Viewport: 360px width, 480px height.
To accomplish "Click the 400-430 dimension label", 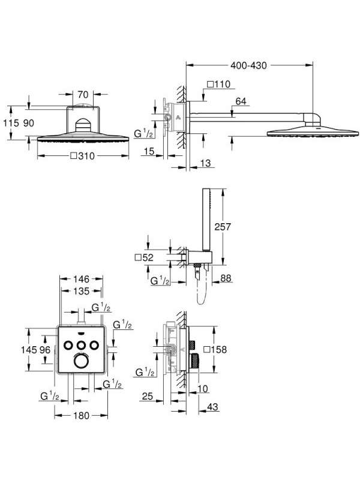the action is point(248,65).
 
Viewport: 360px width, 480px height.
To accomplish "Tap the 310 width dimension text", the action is point(86,156).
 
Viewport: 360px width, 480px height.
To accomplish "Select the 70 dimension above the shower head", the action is point(83,95).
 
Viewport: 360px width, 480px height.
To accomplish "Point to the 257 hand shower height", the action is point(223,227).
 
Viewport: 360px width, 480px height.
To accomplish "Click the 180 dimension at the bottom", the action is point(81,415).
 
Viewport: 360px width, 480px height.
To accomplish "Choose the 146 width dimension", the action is point(81,279).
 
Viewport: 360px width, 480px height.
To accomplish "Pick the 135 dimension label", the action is point(81,291).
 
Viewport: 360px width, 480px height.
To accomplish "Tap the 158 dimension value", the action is point(218,349).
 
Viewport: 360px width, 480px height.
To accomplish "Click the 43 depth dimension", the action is point(212,407).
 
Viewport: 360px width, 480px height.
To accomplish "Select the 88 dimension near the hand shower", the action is point(226,278).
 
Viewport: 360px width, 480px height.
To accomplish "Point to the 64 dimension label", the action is point(241,101).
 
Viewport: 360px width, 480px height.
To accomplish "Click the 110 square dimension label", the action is point(222,84).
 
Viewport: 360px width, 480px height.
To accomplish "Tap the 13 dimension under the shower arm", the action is point(205,163).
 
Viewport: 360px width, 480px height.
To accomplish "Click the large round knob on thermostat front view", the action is point(82,361).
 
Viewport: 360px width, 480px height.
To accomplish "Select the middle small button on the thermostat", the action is point(81,346).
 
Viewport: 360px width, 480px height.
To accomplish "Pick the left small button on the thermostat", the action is point(68,346).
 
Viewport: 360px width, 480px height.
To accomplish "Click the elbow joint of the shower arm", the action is point(312,119).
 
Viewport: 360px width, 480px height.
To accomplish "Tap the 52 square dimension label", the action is point(148,258).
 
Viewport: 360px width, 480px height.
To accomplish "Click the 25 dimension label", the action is point(148,396).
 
